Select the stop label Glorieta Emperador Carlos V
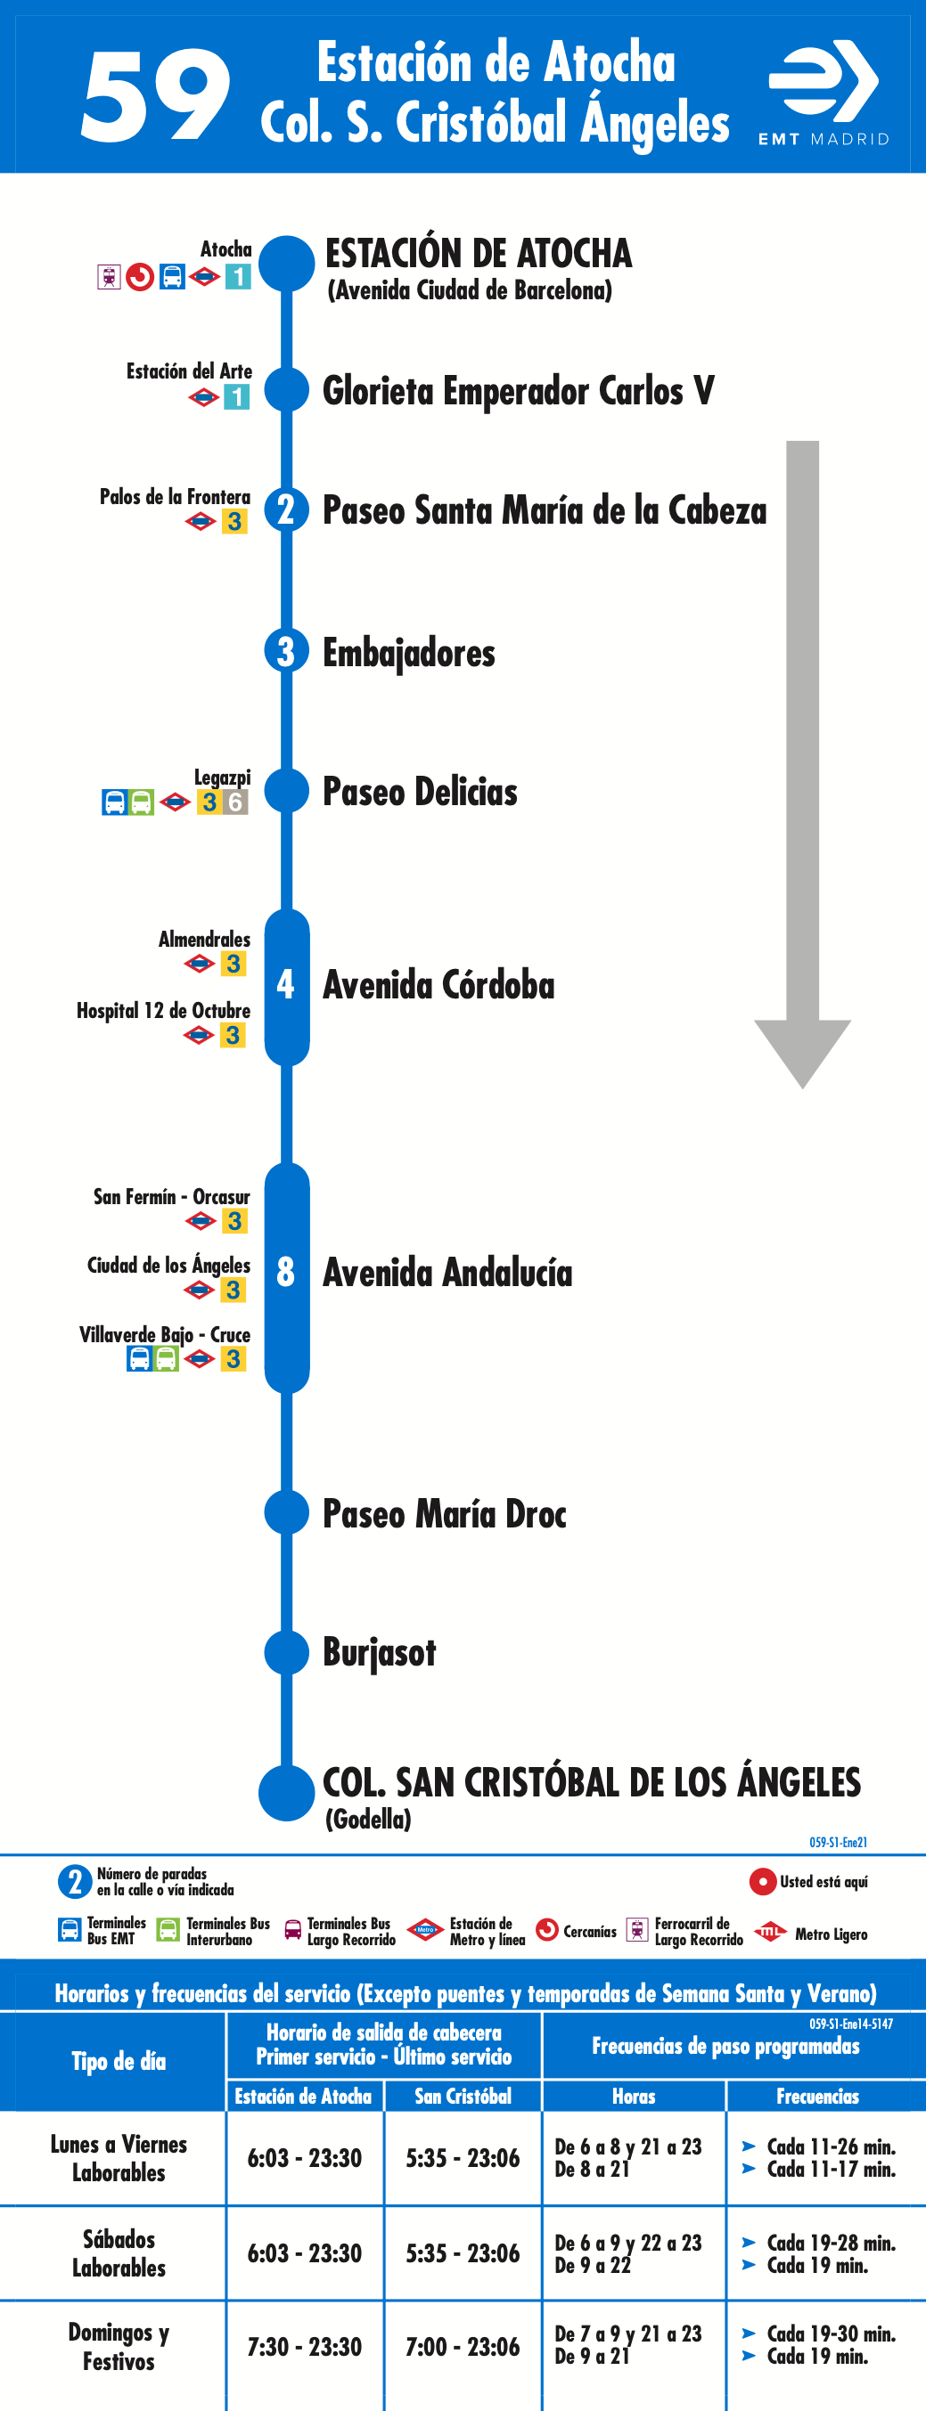click(518, 391)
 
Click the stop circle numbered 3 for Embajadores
click(285, 651)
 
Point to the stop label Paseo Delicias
click(420, 792)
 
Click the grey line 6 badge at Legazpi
click(235, 802)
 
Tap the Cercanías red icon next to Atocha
click(140, 277)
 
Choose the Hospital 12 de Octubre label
click(163, 1011)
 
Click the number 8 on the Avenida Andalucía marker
click(285, 1272)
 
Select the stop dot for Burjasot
click(286, 1653)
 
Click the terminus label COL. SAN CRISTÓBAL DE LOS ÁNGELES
click(591, 1783)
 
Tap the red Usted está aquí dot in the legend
click(762, 1881)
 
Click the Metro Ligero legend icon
click(770, 1932)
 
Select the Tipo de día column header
click(119, 2061)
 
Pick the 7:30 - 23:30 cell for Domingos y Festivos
click(304, 2346)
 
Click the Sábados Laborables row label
click(119, 2252)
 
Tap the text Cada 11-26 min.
click(831, 2146)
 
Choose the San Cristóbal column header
click(463, 2097)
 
